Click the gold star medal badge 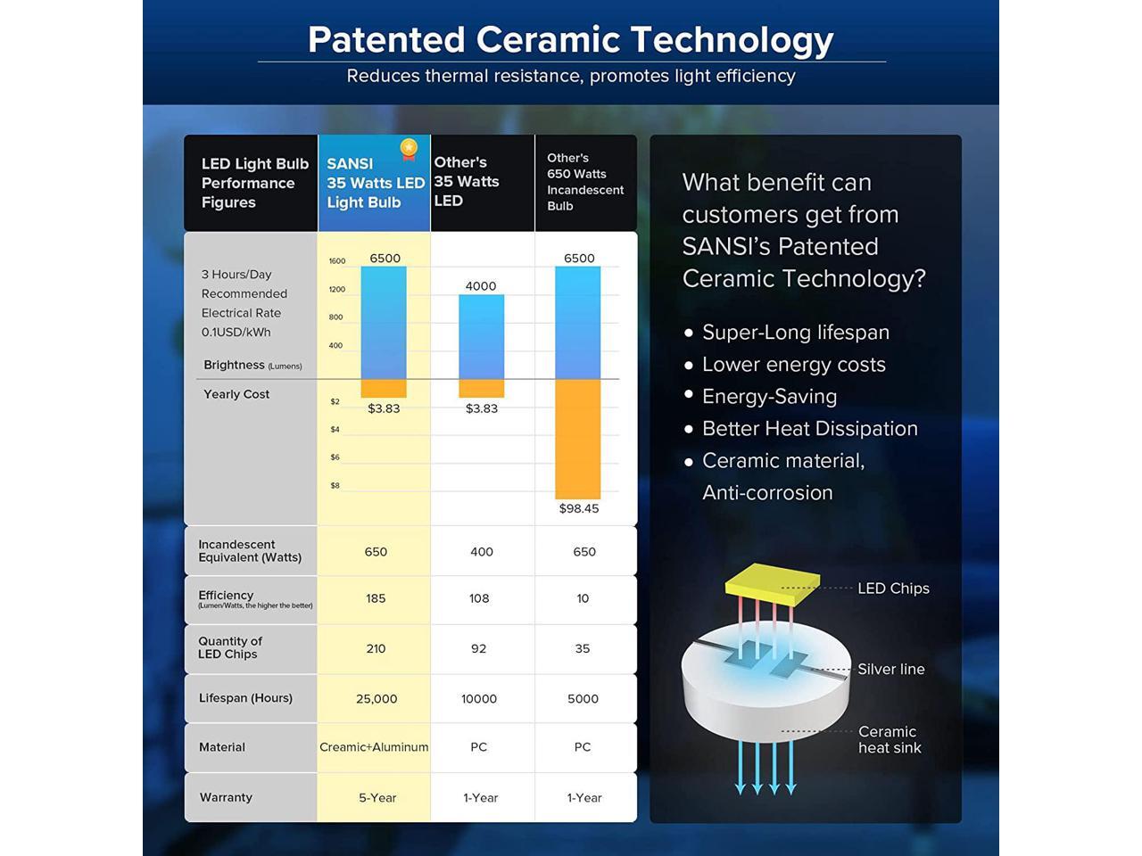[409, 149]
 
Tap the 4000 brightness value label [481, 286]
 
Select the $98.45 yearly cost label [579, 508]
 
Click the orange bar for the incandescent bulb [577, 440]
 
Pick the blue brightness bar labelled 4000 [481, 337]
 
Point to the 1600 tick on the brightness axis [337, 261]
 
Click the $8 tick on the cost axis [335, 485]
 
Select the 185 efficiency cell [376, 598]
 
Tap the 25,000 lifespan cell [377, 699]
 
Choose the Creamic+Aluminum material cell [374, 747]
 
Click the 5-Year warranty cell [377, 798]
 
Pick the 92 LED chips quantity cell [478, 648]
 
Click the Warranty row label [226, 797]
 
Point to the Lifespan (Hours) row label [245, 698]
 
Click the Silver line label [891, 669]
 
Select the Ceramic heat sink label [890, 739]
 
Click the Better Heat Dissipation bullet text [810, 429]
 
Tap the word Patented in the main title [386, 40]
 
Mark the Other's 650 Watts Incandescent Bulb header [585, 182]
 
